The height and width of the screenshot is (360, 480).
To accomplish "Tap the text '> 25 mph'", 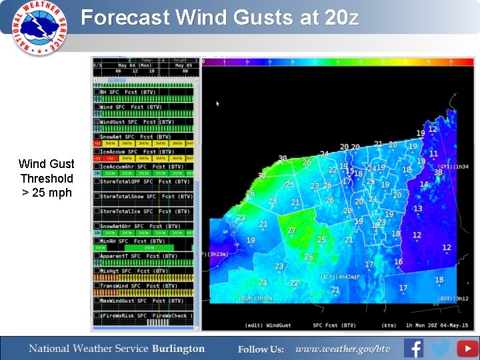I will (x=46, y=193).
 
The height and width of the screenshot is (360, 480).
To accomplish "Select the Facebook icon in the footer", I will (x=414, y=348).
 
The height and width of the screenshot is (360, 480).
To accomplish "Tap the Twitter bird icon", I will (x=440, y=348).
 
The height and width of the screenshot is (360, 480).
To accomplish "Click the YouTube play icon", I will (x=467, y=348).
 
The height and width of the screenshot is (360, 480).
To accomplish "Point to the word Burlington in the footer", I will (x=178, y=349).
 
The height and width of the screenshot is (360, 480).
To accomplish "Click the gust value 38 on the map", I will (x=438, y=172).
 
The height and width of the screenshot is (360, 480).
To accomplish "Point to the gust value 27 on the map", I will (x=291, y=230).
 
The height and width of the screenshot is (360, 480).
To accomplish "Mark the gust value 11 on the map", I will (x=434, y=153).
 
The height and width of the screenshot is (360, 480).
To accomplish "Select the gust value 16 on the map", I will (x=398, y=261).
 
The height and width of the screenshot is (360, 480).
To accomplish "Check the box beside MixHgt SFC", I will (x=97, y=271).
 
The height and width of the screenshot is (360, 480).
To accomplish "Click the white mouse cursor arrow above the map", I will (x=217, y=103).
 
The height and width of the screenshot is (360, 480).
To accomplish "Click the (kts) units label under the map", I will (x=371, y=325).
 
